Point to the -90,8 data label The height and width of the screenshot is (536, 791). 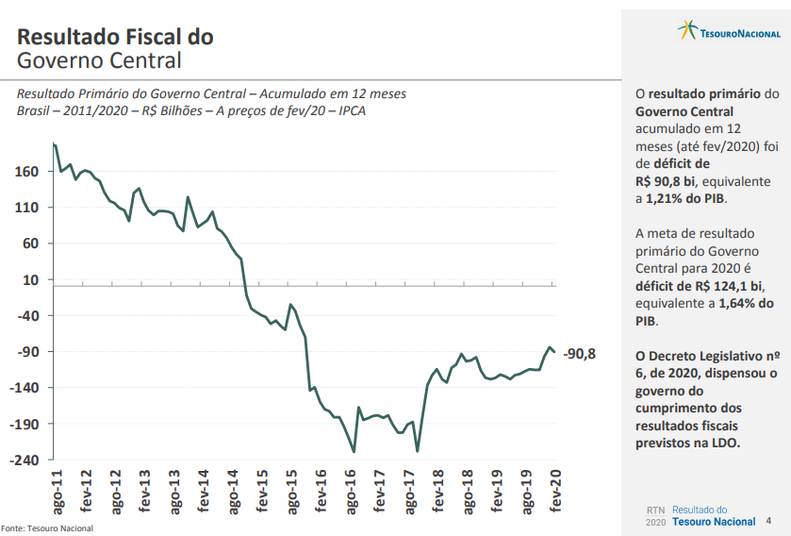coord(579,355)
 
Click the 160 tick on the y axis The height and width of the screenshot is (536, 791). coord(26,172)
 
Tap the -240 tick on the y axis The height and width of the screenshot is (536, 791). coord(25,461)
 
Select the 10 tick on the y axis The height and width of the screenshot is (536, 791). coord(30,280)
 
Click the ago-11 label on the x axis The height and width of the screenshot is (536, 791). coord(57,491)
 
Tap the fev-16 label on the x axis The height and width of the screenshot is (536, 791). coord(321,491)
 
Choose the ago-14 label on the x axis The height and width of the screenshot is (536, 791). coord(232,491)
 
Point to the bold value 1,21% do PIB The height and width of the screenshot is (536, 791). coord(686,199)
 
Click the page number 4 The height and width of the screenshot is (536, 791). coord(768,520)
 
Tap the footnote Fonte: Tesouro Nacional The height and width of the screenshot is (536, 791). coord(47,528)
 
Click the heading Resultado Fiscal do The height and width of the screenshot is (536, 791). coord(115,37)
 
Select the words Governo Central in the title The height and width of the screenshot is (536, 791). coord(99,61)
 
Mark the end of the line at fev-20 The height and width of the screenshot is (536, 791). coord(555,351)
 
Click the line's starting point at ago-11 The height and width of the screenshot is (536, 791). coord(55,143)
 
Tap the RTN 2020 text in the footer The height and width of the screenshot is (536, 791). coord(655,515)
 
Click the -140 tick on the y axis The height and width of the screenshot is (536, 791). coord(25,388)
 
